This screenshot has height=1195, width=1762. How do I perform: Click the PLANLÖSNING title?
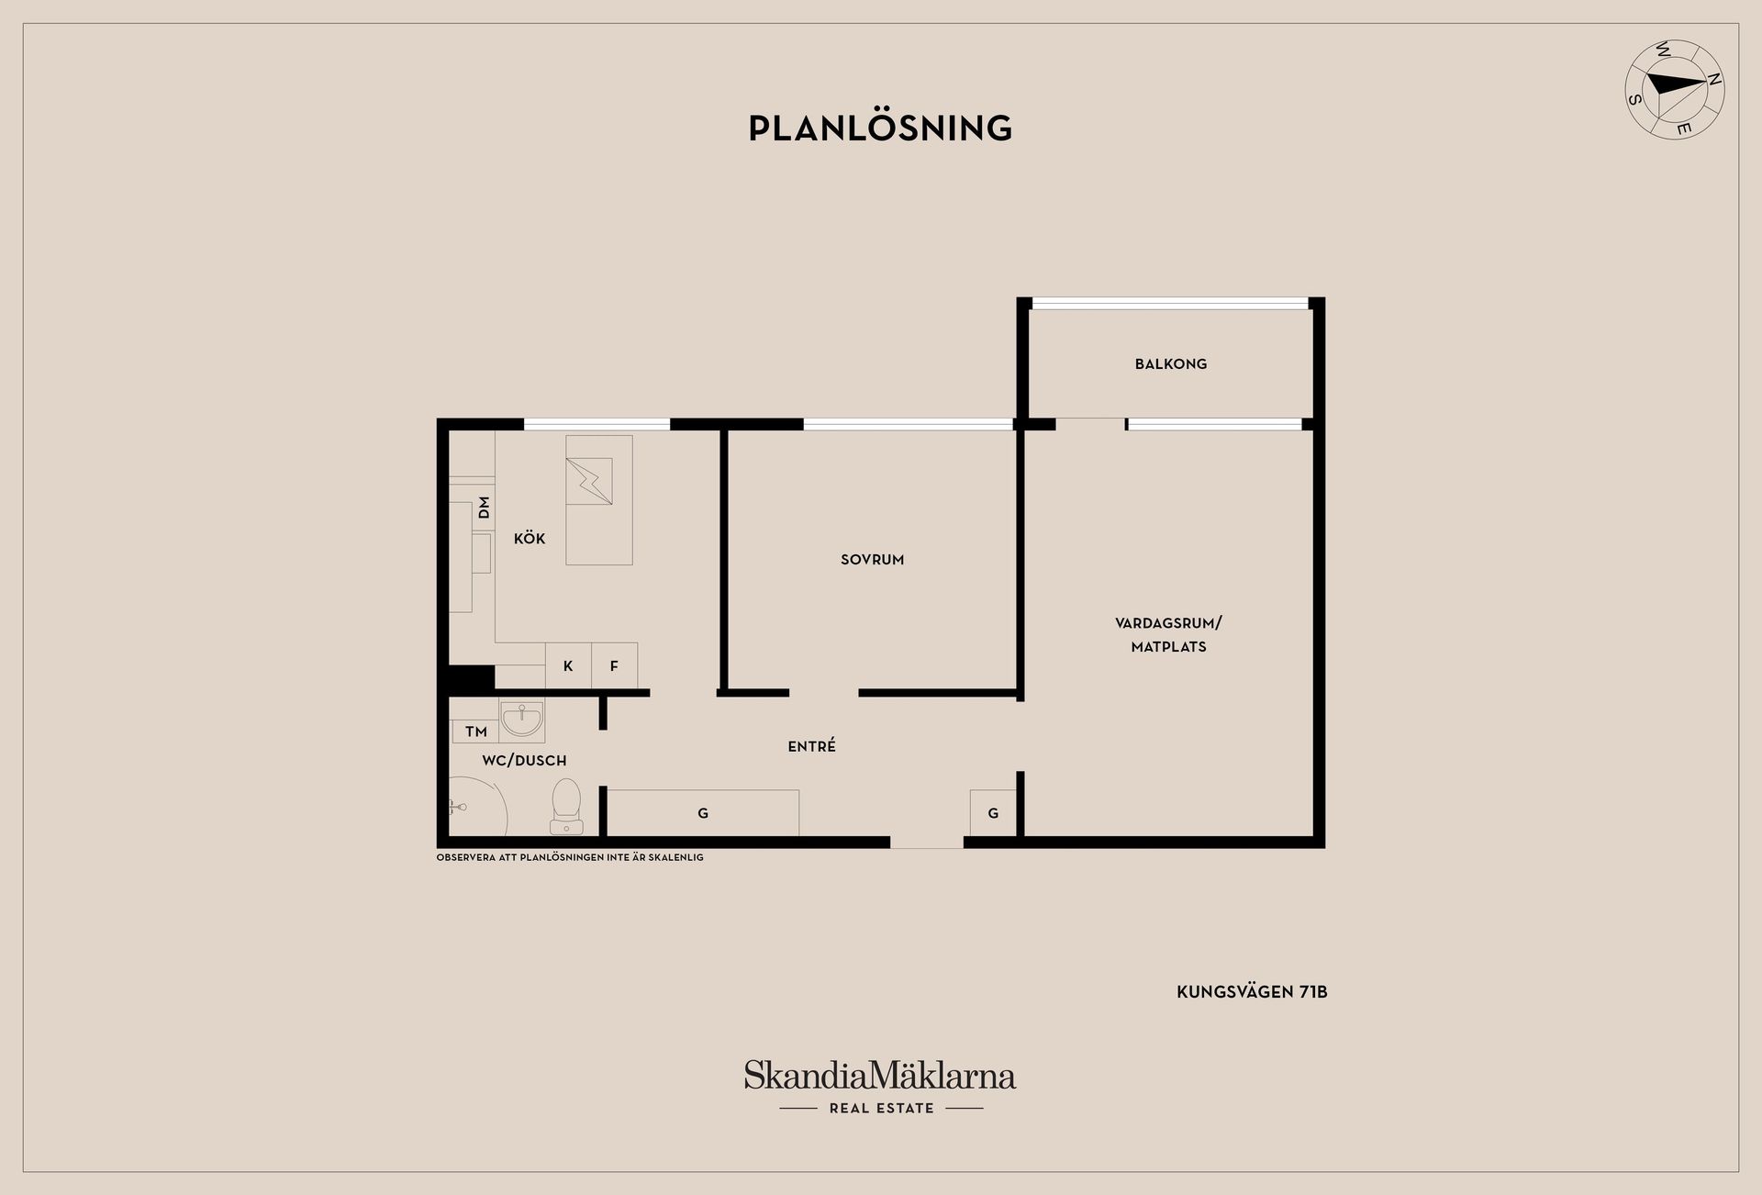pyautogui.click(x=880, y=128)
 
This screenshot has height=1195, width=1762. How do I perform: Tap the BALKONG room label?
pyautogui.click(x=1170, y=364)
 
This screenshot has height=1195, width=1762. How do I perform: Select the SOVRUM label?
pyautogui.click(x=872, y=559)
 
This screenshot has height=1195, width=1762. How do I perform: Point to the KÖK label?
pyautogui.click(x=530, y=539)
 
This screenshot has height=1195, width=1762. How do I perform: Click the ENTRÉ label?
pyautogui.click(x=811, y=747)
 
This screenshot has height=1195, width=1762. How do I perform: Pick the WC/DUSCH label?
pyautogui.click(x=524, y=761)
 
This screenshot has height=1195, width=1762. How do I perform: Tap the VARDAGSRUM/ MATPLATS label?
pyautogui.click(x=1168, y=634)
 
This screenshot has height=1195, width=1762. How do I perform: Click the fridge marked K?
pyautogui.click(x=568, y=666)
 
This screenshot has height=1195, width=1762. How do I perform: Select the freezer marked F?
pyautogui.click(x=614, y=666)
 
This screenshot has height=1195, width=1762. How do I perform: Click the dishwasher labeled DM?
pyautogui.click(x=484, y=508)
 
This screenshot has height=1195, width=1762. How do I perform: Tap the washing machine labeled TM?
pyautogui.click(x=475, y=732)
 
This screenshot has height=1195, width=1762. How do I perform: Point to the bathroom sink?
pyautogui.click(x=522, y=720)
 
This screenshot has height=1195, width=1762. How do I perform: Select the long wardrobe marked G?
pyautogui.click(x=703, y=813)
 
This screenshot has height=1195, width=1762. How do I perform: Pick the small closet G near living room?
pyautogui.click(x=993, y=813)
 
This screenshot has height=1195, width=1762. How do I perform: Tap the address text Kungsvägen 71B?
pyautogui.click(x=1252, y=992)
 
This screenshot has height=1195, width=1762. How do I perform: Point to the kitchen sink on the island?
pyautogui.click(x=589, y=481)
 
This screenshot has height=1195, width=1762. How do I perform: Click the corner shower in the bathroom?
pyautogui.click(x=474, y=808)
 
